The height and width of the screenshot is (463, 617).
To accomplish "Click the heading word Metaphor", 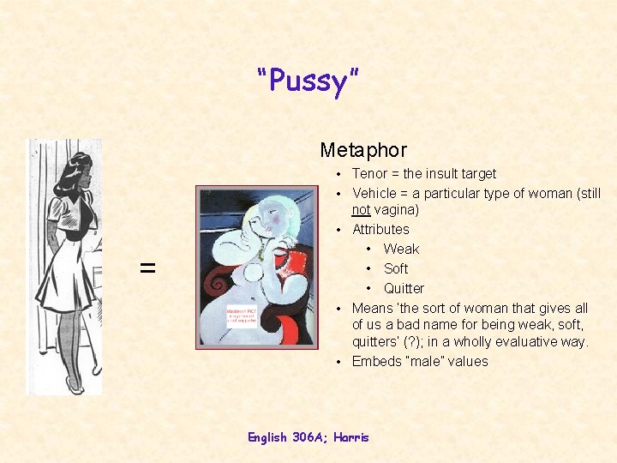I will pos(363,150).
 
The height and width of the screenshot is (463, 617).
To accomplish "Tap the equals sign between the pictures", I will pos(148,268).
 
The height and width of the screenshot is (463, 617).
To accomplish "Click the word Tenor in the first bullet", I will pos(369,173).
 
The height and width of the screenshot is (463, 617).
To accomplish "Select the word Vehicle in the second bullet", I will pos(375,193).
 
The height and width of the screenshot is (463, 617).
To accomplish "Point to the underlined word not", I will pos(362,210).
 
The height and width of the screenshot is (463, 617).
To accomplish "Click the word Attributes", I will pos(380,229).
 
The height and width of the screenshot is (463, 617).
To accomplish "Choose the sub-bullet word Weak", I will pos(401,249).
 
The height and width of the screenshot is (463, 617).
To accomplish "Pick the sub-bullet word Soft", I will pos(396,268).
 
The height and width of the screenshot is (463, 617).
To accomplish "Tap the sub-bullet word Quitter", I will pos(404,288).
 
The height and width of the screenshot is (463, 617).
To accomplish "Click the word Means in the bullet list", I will pos(373,308).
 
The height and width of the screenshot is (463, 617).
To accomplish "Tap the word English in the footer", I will pos(268,437).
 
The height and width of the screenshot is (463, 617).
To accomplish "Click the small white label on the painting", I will pos(243,312).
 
